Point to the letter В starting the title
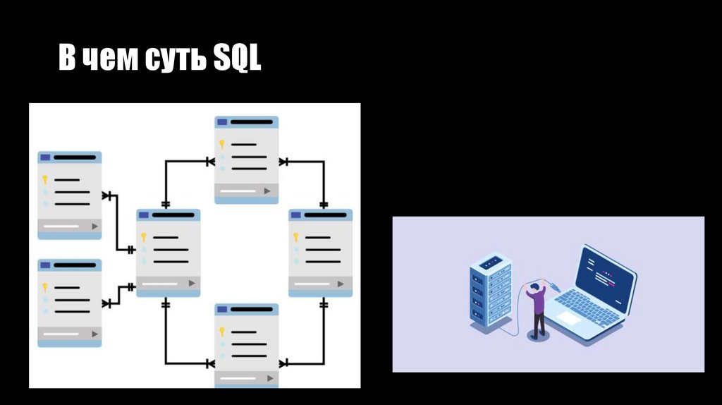pos(67,59)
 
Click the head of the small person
pos(534,286)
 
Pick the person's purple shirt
pos(537,301)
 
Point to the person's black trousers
pos(539,324)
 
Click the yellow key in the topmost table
pos(221,144)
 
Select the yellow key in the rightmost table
pos(295,237)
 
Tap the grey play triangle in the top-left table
pos(94,226)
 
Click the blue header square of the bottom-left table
pos(45,265)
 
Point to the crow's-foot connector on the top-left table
pos(106,195)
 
